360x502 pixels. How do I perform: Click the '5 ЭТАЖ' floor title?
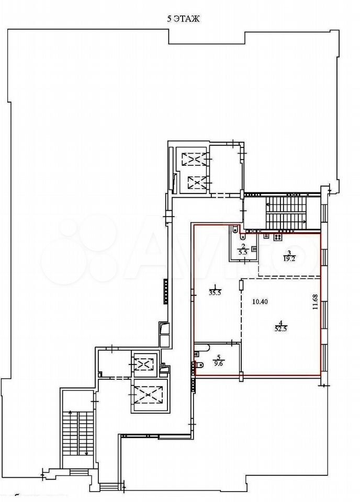[184, 19]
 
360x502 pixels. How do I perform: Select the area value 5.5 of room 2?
[244, 252]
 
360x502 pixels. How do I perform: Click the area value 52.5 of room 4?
[280, 329]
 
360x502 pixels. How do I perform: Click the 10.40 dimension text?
[260, 302]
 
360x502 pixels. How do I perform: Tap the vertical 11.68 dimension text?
[316, 302]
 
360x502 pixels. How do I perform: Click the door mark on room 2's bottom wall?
[245, 260]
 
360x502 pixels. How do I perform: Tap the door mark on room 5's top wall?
[233, 343]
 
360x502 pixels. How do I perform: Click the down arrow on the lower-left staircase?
[86, 453]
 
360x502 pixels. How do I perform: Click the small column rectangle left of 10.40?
[241, 286]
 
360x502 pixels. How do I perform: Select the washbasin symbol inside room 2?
[254, 248]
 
